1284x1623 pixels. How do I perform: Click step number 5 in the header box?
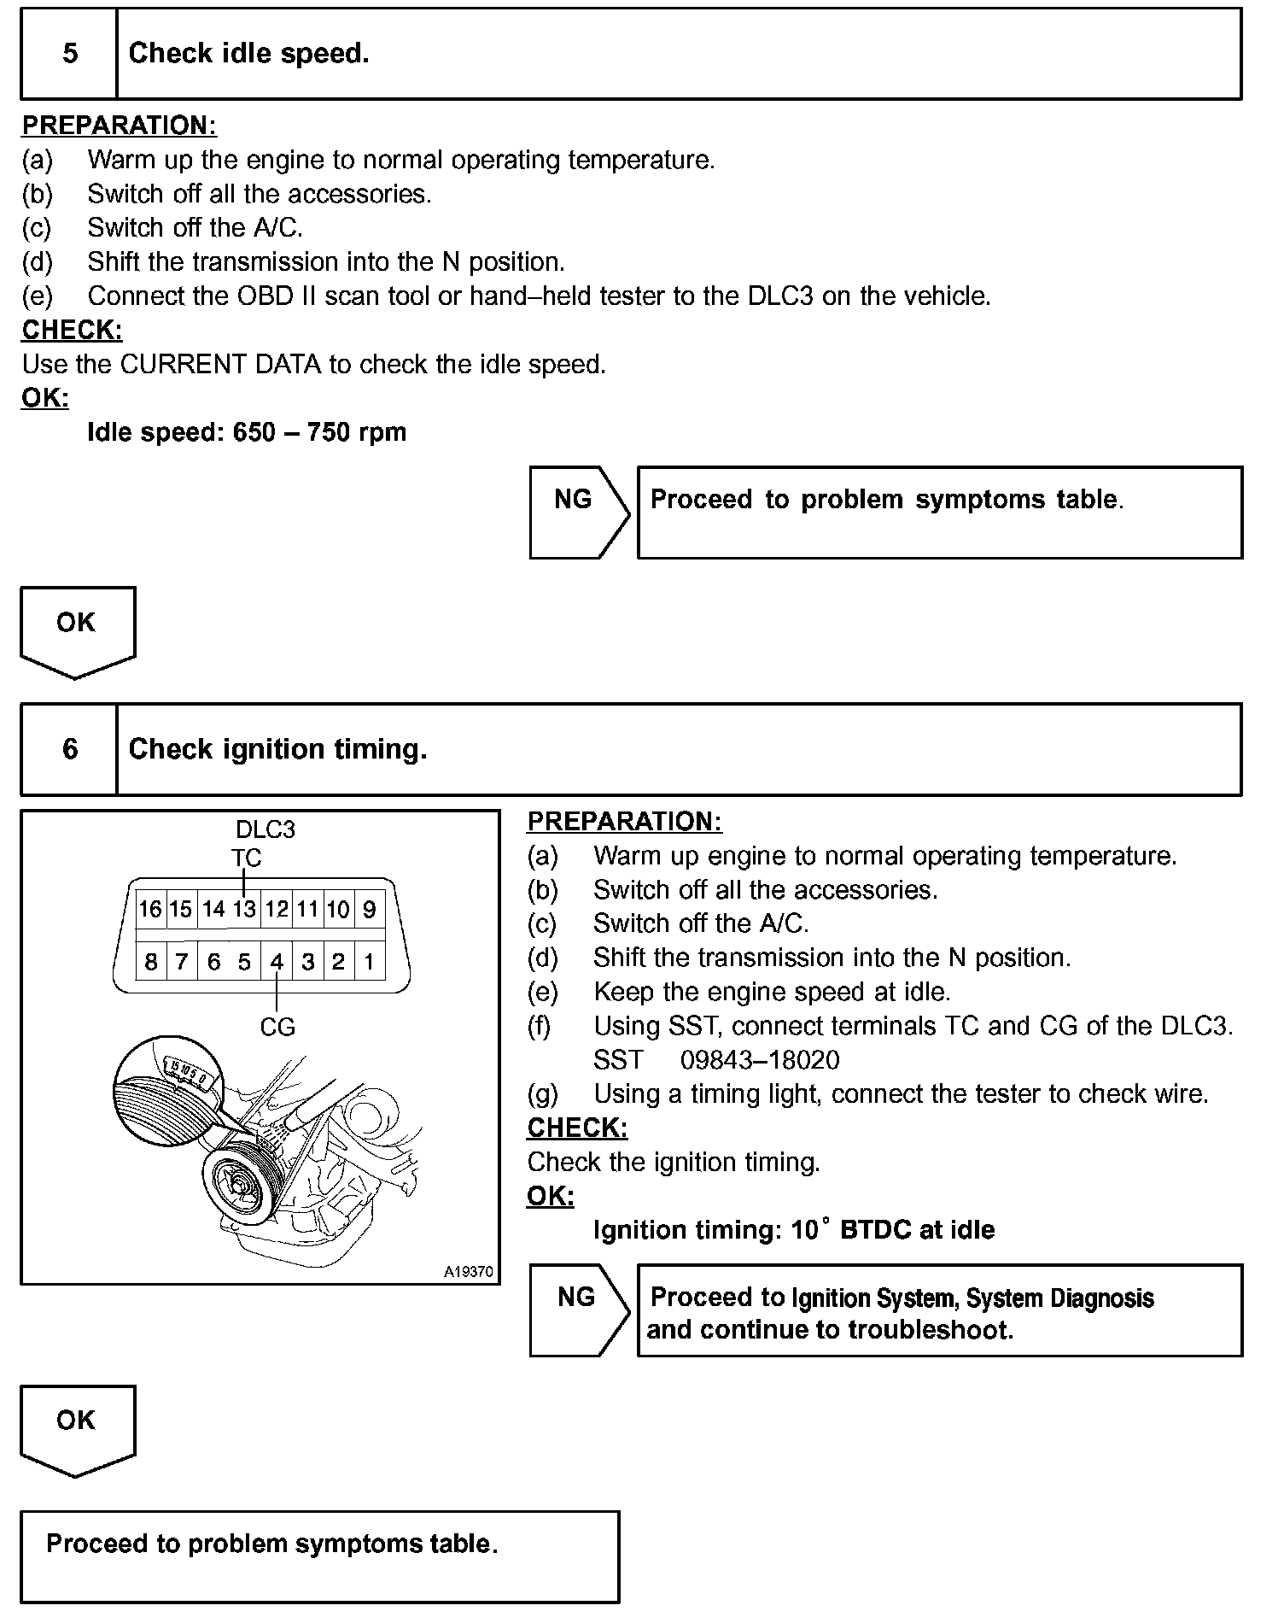70,54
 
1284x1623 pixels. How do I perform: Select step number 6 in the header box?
70,749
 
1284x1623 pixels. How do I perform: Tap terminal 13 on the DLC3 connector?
244,909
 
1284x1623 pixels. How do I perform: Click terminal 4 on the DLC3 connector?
277,962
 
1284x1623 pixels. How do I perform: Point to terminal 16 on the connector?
150,909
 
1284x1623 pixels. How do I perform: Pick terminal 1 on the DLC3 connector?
369,962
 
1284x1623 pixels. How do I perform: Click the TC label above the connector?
246,858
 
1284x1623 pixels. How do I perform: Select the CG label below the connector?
277,1027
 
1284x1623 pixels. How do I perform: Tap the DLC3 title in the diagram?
266,829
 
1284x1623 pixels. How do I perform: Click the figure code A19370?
468,1272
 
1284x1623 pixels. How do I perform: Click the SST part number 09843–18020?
760,1060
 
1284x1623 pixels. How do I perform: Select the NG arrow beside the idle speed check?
578,512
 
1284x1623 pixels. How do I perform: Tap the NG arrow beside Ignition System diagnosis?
578,1310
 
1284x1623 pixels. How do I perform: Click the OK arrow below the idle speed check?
77,630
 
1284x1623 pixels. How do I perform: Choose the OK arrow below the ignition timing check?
77,1428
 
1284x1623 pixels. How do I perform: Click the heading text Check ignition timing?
277,749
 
